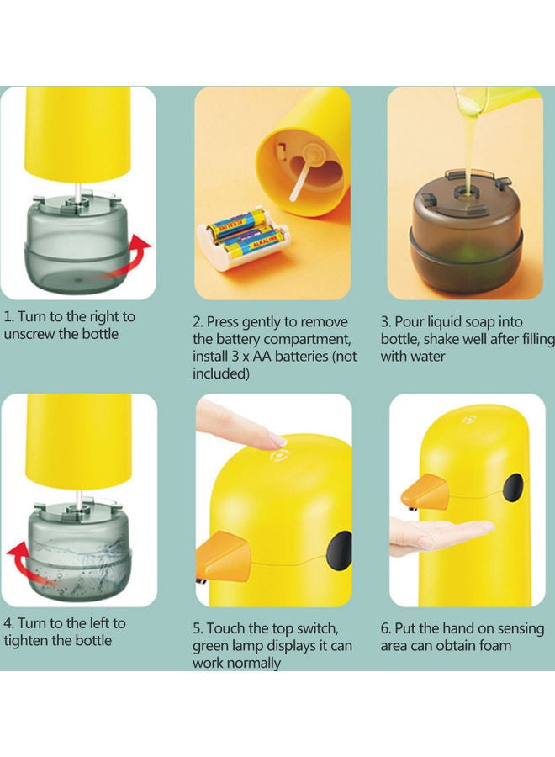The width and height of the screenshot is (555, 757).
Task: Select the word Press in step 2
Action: point(223,322)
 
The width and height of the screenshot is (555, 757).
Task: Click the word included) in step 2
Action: point(221,373)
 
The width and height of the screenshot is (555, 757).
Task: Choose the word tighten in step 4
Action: point(28,640)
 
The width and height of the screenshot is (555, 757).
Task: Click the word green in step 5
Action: point(212,646)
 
